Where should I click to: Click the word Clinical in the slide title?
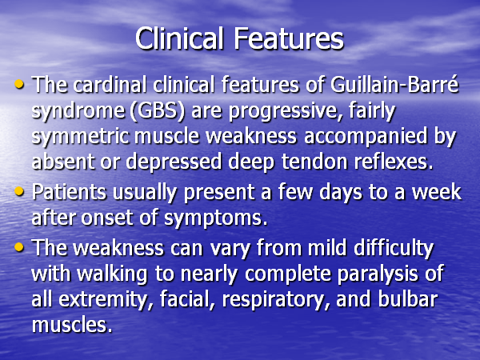(179, 38)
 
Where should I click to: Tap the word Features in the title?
(289, 38)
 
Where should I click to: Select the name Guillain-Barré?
(394, 84)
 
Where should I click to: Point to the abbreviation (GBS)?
(158, 110)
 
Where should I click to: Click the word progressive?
(282, 111)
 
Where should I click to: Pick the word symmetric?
(80, 137)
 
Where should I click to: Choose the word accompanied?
(366, 137)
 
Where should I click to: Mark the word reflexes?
(394, 161)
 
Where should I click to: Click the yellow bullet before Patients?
(19, 192)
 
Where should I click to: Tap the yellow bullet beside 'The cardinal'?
(19, 84)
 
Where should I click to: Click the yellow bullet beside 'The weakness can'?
(19, 246)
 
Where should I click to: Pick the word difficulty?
(394, 248)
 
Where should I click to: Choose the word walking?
(112, 274)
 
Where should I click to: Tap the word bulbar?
(408, 298)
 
